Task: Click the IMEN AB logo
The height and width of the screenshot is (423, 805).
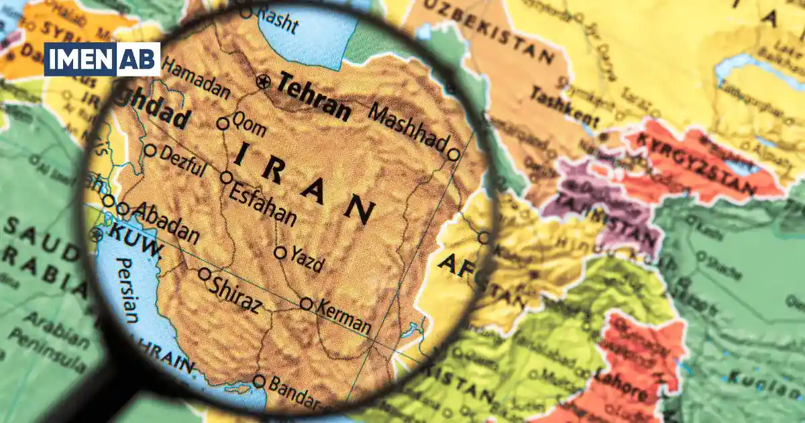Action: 102,59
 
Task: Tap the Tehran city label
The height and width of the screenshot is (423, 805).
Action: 314,97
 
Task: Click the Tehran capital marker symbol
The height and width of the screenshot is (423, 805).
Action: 264,83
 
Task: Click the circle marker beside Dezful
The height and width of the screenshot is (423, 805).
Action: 151,150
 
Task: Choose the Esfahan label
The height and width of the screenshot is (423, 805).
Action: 262,203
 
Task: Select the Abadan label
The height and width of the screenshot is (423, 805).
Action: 166,223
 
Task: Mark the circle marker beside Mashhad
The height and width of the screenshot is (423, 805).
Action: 453,154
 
